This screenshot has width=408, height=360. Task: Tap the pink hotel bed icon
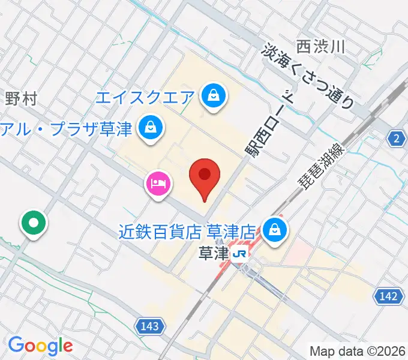158,181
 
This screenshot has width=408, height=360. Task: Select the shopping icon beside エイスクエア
212,95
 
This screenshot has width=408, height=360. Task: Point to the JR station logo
239,254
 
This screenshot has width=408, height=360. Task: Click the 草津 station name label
212,254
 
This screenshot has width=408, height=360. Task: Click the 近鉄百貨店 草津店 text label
188,231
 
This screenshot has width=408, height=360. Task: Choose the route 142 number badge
389,295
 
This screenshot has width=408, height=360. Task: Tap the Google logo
40,346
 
